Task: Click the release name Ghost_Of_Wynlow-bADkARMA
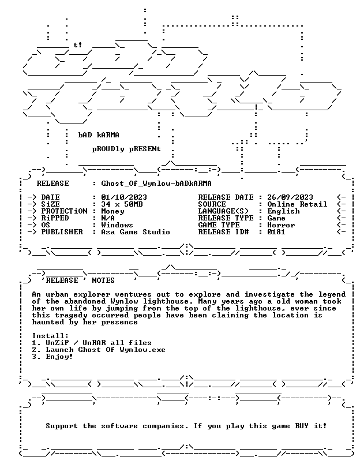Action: pyautogui.click(x=156, y=184)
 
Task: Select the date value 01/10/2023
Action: pyautogui.click(x=124, y=197)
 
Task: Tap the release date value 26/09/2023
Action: pyautogui.click(x=290, y=197)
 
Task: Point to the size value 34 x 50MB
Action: pyautogui.click(x=122, y=204)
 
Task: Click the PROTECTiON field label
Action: pyautogui.click(x=64, y=211)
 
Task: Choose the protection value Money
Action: pyautogui.click(x=112, y=212)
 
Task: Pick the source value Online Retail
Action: pyautogui.click(x=297, y=204)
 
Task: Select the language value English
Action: pyautogui.click(x=283, y=212)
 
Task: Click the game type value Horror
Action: pyautogui.click(x=281, y=225)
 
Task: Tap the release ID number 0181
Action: pyautogui.click(x=276, y=232)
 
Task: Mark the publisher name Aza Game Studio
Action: pyautogui.click(x=136, y=232)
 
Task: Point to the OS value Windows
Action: pyautogui.click(x=117, y=225)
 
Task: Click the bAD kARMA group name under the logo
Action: pyautogui.click(x=99, y=135)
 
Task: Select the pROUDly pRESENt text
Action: pyautogui.click(x=126, y=149)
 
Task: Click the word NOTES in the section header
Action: pyautogui.click(x=103, y=280)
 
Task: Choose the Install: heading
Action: pyautogui.click(x=50, y=336)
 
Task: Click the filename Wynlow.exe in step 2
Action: pyautogui.click(x=142, y=350)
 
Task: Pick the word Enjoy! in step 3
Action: pyautogui.click(x=59, y=357)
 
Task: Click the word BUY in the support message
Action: pyautogui.click(x=302, y=426)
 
